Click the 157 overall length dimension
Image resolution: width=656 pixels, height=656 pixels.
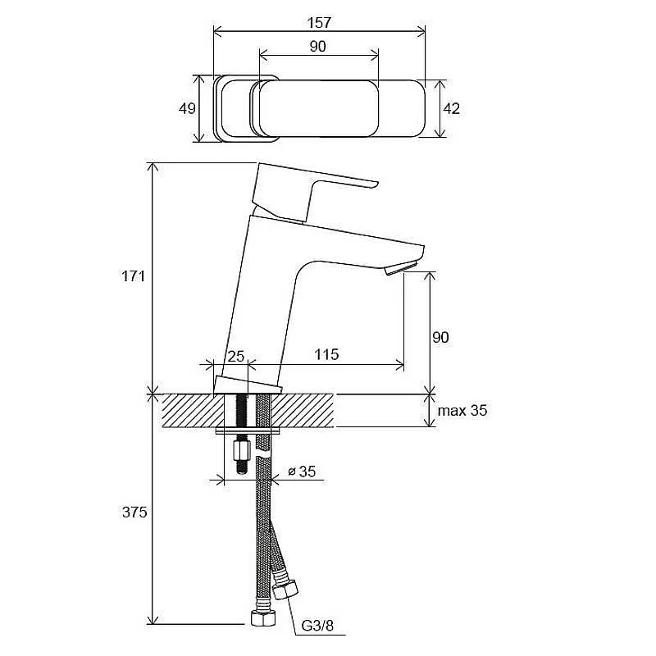(x=319, y=23)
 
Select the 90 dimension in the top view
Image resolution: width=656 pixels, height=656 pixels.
(x=318, y=47)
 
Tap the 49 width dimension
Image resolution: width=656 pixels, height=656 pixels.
(x=187, y=108)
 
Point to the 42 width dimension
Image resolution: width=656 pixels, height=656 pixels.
(x=452, y=108)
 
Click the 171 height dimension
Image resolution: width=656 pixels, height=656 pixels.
(x=134, y=276)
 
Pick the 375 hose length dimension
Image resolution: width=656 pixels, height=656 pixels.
(x=134, y=512)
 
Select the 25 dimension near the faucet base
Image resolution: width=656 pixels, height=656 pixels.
(x=235, y=356)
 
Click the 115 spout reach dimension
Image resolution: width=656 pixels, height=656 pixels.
(x=326, y=354)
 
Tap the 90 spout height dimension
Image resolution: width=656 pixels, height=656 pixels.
(x=440, y=337)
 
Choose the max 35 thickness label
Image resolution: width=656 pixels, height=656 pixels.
(x=462, y=411)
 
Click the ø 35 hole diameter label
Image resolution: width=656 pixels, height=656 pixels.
(x=302, y=471)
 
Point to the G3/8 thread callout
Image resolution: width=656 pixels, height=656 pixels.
(x=317, y=626)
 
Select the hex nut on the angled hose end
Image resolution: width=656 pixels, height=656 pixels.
(x=285, y=588)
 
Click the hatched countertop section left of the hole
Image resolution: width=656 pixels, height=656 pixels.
(x=194, y=411)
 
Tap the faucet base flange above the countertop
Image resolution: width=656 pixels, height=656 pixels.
(x=248, y=385)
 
